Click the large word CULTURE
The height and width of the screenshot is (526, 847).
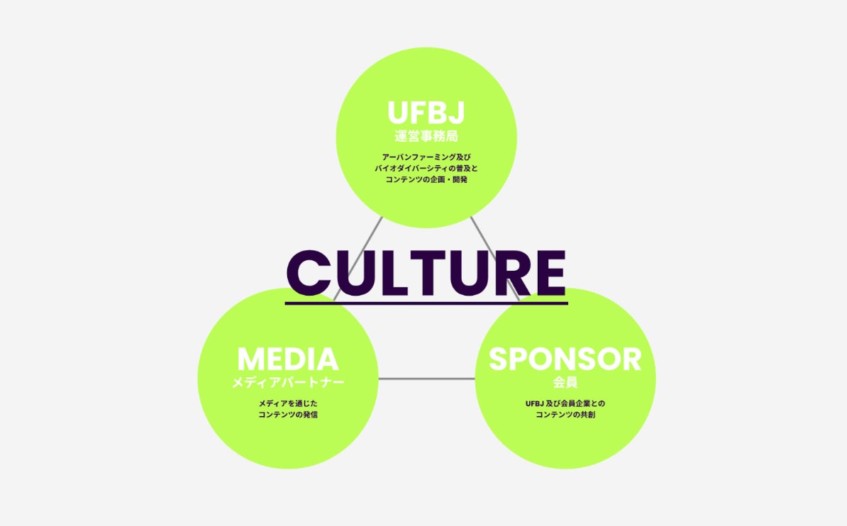(426, 273)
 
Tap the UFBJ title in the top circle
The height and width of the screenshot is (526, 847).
(426, 113)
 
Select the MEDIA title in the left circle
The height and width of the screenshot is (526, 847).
(287, 359)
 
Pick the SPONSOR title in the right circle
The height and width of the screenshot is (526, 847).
(565, 359)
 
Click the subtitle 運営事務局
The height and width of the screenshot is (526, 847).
(426, 135)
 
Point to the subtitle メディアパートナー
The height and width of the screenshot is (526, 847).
(287, 383)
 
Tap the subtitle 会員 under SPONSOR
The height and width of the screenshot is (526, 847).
(565, 383)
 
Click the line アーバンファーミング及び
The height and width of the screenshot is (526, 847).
(426, 157)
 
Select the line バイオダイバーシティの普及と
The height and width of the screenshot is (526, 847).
(426, 169)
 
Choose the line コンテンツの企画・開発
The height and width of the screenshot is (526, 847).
(426, 180)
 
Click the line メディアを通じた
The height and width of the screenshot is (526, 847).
(287, 403)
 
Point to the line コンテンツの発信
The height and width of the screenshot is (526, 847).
(287, 414)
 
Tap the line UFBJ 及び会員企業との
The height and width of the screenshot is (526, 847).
(565, 403)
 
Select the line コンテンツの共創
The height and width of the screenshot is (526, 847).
(565, 414)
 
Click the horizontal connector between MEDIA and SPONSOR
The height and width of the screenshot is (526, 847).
(426, 379)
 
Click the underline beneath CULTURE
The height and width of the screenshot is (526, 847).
(426, 303)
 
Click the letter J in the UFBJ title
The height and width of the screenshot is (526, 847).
(455, 113)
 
